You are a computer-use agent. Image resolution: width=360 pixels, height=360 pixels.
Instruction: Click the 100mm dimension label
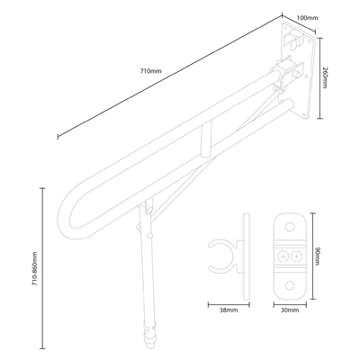307,18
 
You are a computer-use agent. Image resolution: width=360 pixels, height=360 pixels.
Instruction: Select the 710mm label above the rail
151,71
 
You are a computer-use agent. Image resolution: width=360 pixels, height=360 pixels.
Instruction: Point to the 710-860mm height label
35,268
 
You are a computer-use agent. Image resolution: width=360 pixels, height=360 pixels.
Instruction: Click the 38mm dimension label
229,310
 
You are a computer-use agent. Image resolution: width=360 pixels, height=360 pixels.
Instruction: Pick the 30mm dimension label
290,310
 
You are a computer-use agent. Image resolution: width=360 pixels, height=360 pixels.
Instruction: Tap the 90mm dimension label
318,256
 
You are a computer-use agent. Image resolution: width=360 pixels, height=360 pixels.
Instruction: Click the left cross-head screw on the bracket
283,256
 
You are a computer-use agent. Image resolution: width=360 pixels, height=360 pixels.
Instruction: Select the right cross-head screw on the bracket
296,256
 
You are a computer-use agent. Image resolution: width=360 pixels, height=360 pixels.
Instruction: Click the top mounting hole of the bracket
290,227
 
